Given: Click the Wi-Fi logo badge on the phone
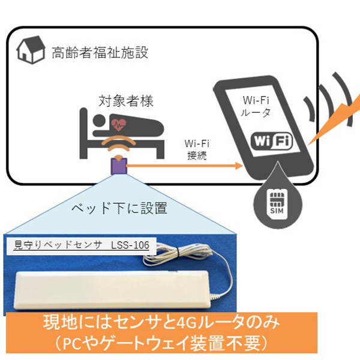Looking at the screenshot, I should tap(271, 141).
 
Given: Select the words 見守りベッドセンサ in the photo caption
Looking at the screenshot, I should tap(54, 245).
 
